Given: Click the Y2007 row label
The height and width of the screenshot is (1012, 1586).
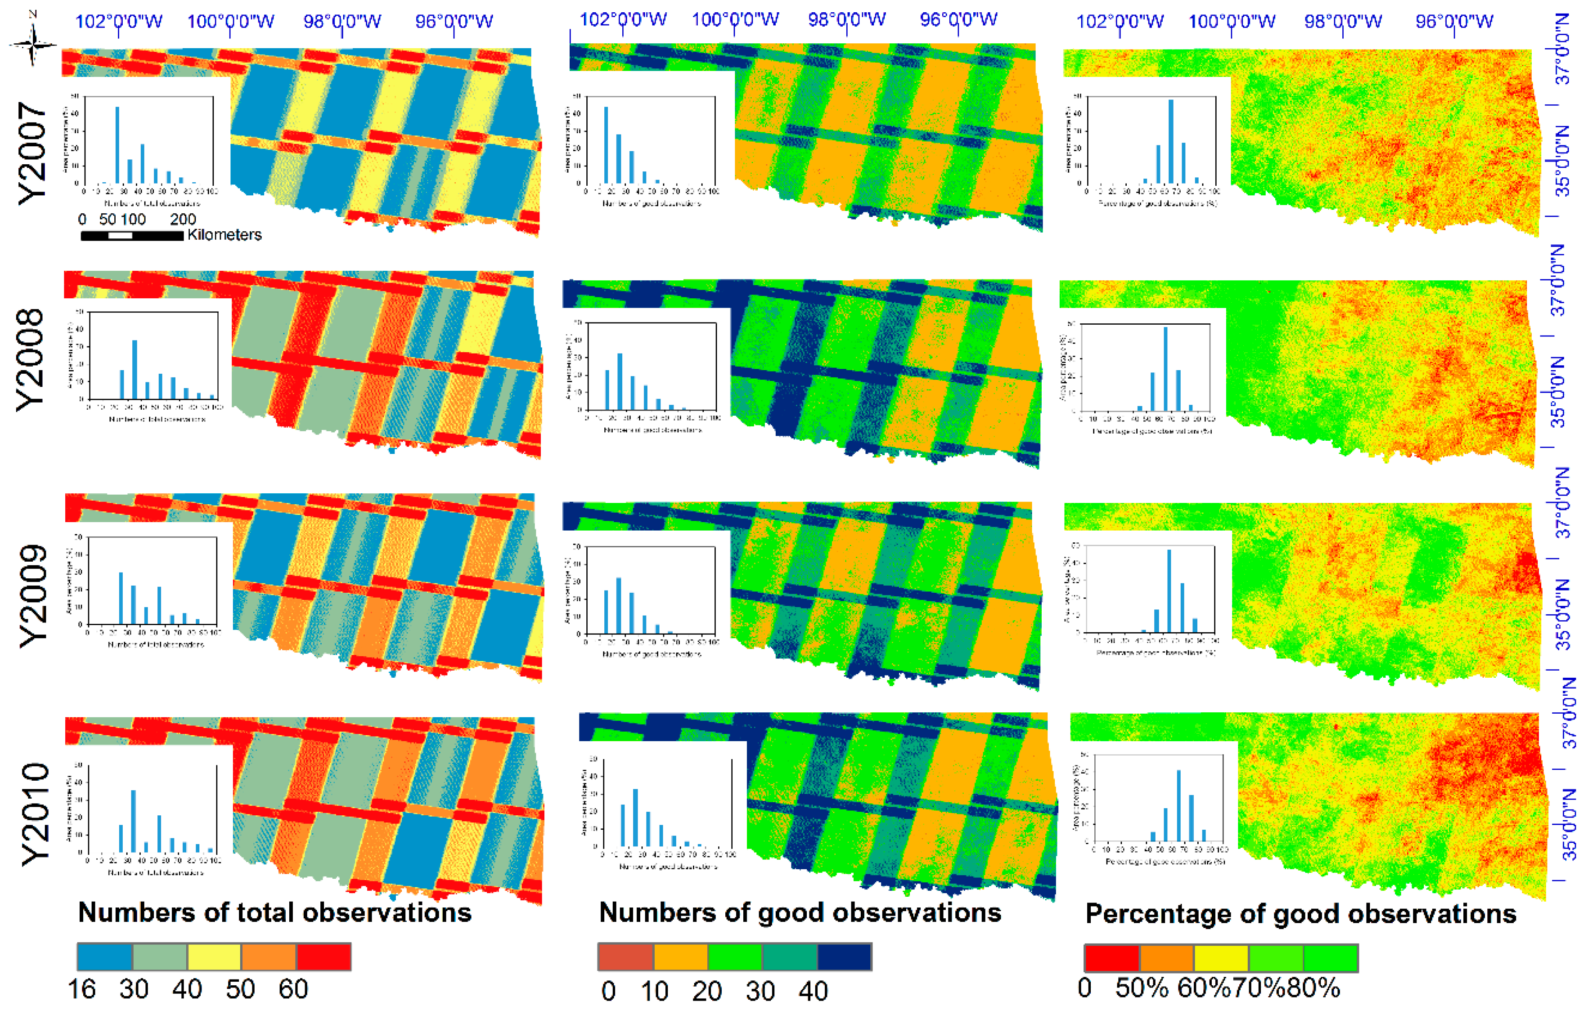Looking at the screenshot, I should [33, 153].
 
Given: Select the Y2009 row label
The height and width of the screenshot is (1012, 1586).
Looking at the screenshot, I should [33, 596].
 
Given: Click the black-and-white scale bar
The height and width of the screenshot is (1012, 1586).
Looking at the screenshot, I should [132, 236].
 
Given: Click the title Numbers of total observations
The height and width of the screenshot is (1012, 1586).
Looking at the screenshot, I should [275, 913].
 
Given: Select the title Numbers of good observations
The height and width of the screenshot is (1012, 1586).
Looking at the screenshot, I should [800, 913].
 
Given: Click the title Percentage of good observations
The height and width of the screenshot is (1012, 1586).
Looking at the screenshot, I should [1300, 914].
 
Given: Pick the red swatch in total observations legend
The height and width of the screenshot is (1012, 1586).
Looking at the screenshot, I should [323, 956].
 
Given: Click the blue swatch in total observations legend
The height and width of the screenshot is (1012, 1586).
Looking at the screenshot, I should [105, 956].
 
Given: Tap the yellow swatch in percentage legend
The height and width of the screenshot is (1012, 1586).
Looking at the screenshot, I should [1221, 958].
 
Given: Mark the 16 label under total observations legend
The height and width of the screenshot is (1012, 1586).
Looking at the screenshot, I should [82, 989].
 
